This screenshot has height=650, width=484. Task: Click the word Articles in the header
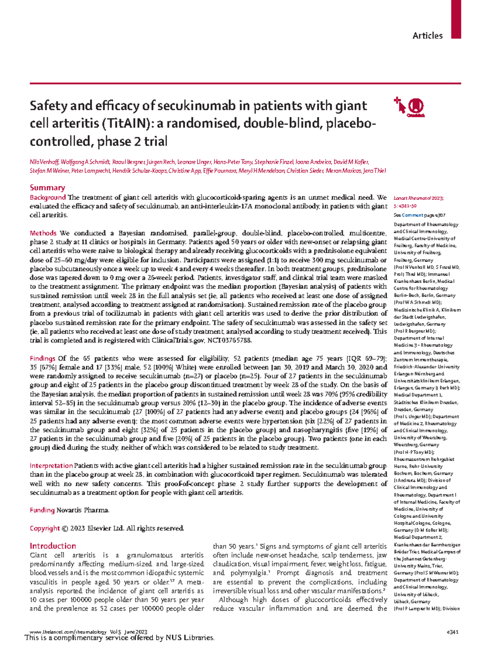pyautogui.click(x=427, y=36)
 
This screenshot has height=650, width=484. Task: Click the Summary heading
pyautogui.click(x=47, y=188)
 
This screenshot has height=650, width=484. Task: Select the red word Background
pyautogui.click(x=48, y=198)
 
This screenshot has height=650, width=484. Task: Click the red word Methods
pyautogui.click(x=43, y=233)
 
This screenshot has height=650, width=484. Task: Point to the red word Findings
pyautogui.click(x=42, y=358)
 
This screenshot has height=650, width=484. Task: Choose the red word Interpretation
pyautogui.click(x=51, y=466)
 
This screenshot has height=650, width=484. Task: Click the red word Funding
pyautogui.click(x=42, y=510)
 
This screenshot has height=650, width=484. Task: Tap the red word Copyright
pyautogui.click(x=45, y=528)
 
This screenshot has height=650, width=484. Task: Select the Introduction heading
pyautogui.click(x=53, y=546)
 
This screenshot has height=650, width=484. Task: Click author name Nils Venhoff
pyautogui.click(x=44, y=162)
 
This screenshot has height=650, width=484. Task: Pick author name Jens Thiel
pyautogui.click(x=375, y=171)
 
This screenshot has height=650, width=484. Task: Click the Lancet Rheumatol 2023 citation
pyautogui.click(x=418, y=198)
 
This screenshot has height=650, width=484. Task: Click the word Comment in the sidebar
pyautogui.click(x=412, y=215)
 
